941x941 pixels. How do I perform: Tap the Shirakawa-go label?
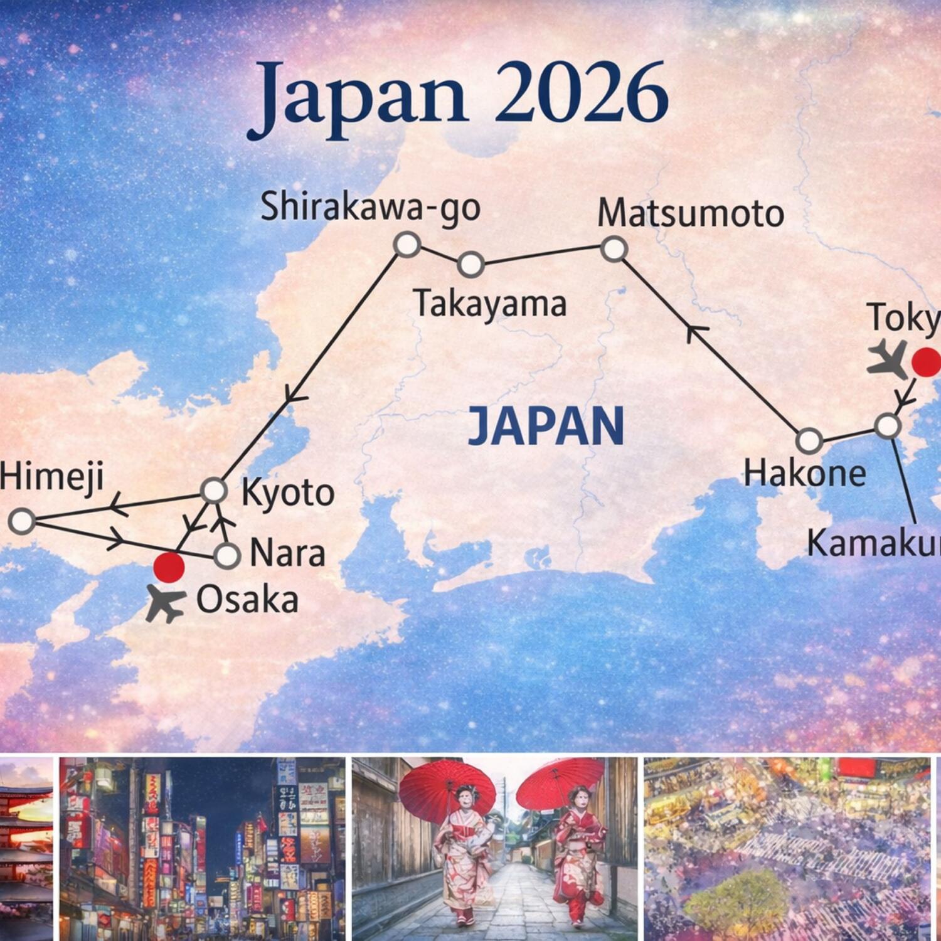370,207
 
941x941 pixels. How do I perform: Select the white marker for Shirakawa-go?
407,244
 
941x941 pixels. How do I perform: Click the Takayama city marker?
470,264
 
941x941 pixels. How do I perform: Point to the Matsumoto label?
690,214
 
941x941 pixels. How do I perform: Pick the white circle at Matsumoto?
614,248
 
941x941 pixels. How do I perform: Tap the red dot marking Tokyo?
926,362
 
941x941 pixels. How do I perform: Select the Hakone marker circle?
809,440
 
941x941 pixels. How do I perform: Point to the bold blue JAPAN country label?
546,427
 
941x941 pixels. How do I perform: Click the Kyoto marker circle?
213,490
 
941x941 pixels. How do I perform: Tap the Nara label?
287,554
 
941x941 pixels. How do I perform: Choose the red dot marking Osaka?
169,567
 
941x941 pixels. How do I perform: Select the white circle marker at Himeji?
23,521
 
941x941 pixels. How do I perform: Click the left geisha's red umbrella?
447,784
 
